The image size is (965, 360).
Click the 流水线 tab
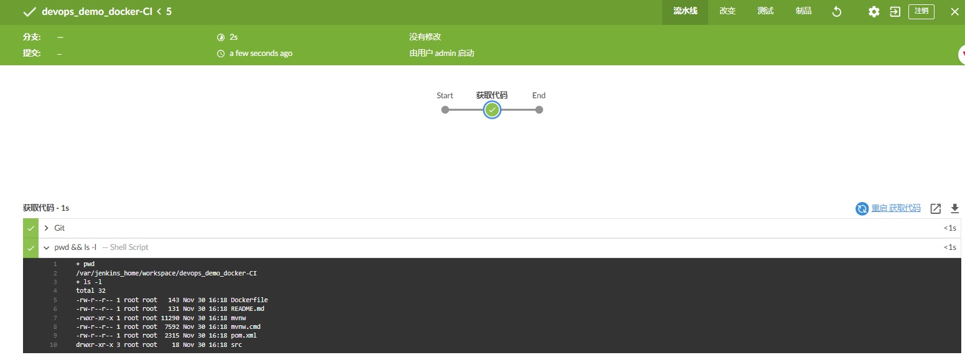pyautogui.click(x=685, y=11)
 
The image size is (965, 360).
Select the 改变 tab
pyautogui.click(x=727, y=11)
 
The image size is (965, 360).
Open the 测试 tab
pyautogui.click(x=765, y=11)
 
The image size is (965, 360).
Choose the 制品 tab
pyautogui.click(x=803, y=11)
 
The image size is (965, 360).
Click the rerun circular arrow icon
pyautogui.click(x=837, y=12)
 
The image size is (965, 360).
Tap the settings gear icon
pyautogui.click(x=874, y=12)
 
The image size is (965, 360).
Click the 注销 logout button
pyautogui.click(x=921, y=12)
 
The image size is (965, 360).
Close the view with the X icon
pyautogui.click(x=954, y=12)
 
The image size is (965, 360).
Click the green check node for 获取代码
pyautogui.click(x=492, y=110)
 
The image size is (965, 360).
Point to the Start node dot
pyautogui.click(x=445, y=110)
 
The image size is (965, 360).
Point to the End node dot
pyautogui.click(x=539, y=110)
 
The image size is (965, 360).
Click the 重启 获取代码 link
pyautogui.click(x=895, y=208)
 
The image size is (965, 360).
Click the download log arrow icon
pyautogui.click(x=954, y=209)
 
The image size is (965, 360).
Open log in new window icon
pyautogui.click(x=935, y=209)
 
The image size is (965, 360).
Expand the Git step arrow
pyautogui.click(x=47, y=228)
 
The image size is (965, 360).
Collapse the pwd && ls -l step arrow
pyautogui.click(x=47, y=247)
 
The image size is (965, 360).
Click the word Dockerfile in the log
pyautogui.click(x=249, y=300)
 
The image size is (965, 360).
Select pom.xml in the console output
pyautogui.click(x=243, y=336)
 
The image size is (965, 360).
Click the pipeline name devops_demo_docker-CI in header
pyautogui.click(x=97, y=12)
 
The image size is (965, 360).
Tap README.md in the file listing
pyautogui.click(x=247, y=309)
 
